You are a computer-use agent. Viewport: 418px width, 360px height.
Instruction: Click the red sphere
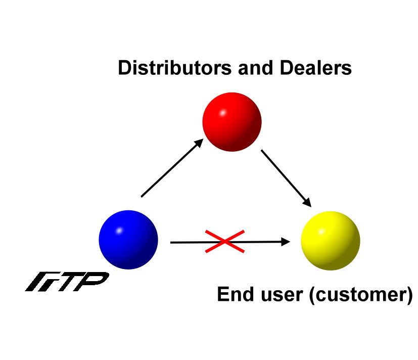(x=231, y=122)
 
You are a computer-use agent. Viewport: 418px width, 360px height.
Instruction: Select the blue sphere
(x=128, y=240)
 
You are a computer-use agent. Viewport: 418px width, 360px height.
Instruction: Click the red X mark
(x=224, y=241)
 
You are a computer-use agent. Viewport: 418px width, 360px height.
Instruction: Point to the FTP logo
(x=67, y=282)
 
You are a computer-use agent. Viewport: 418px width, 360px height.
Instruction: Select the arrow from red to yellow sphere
(x=286, y=176)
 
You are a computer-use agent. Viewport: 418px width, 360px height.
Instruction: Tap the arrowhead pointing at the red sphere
(x=199, y=143)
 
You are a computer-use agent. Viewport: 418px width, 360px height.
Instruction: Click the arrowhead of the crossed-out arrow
(x=286, y=242)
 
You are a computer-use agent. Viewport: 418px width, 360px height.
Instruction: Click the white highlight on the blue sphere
(x=119, y=231)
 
